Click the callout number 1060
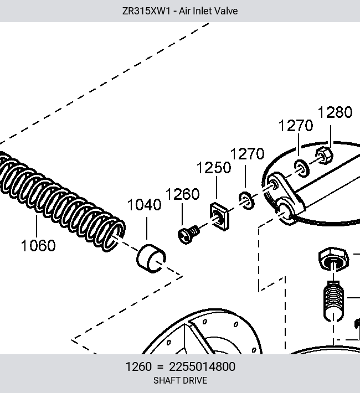click(38, 245)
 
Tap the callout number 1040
click(144, 204)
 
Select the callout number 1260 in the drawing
click(183, 194)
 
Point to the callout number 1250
click(214, 168)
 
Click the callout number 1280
click(335, 112)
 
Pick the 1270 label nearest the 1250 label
click(248, 153)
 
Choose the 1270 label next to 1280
click(296, 125)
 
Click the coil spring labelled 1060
click(60, 200)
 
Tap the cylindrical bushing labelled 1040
click(151, 258)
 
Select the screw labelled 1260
click(188, 234)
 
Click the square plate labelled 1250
click(219, 216)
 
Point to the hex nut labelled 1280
click(324, 156)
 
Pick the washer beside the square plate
click(246, 200)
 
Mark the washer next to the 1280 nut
click(301, 168)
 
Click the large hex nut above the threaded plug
click(333, 259)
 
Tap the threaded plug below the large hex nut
click(333, 301)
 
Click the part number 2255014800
click(202, 366)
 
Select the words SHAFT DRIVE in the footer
click(180, 380)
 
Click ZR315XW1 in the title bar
click(146, 11)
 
